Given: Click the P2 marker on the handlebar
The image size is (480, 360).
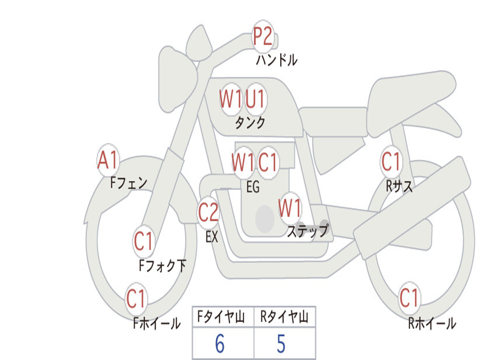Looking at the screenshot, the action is pyautogui.click(x=263, y=37).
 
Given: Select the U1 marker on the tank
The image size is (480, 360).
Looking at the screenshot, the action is pyautogui.click(x=255, y=99).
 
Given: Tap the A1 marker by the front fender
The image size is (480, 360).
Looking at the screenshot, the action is pyautogui.click(x=108, y=160).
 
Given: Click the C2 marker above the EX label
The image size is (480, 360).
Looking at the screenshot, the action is pyautogui.click(x=209, y=212).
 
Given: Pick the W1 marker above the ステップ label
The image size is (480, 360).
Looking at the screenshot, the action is pyautogui.click(x=289, y=208).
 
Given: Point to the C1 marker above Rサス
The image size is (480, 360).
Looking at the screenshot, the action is pyautogui.click(x=391, y=161).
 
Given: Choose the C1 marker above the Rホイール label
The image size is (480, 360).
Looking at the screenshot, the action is pyautogui.click(x=409, y=298).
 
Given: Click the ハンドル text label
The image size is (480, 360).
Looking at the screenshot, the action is pyautogui.click(x=277, y=60).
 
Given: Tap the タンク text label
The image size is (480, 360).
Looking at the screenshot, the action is pyautogui.click(x=250, y=122).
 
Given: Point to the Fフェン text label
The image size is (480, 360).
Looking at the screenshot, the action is pyautogui.click(x=128, y=183).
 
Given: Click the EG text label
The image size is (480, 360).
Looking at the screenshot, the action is pyautogui.click(x=253, y=187).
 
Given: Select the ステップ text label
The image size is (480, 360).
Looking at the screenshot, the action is pyautogui.click(x=307, y=231).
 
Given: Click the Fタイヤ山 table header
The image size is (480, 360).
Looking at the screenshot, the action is pyautogui.click(x=221, y=316).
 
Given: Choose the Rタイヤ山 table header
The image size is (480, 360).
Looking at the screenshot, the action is pyautogui.click(x=284, y=316).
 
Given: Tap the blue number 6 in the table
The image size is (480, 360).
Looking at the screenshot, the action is pyautogui.click(x=220, y=344).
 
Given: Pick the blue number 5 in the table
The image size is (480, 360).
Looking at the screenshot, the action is pyautogui.click(x=281, y=344).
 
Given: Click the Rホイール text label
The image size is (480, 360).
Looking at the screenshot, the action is pyautogui.click(x=432, y=323).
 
